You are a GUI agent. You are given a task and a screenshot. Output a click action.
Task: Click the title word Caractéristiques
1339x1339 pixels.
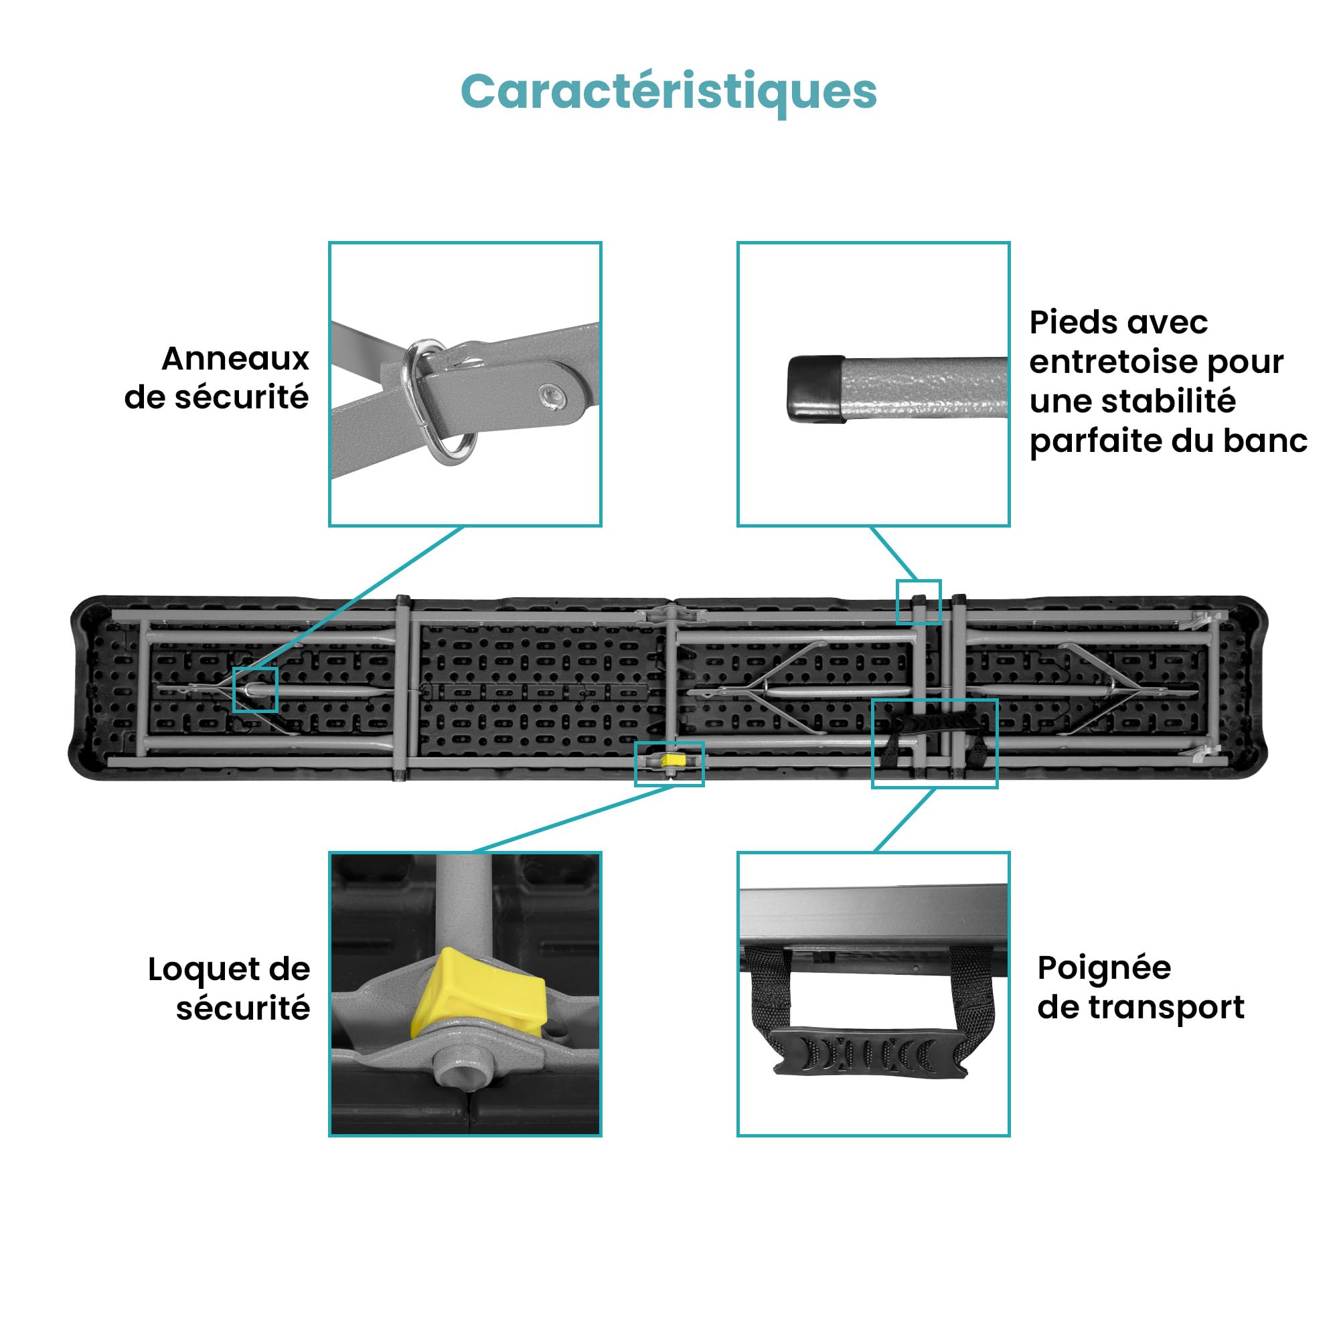click(669, 92)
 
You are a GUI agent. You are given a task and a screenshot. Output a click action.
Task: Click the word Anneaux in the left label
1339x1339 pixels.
click(236, 359)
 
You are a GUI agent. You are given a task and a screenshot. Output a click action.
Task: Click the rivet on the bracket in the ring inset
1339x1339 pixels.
click(552, 397)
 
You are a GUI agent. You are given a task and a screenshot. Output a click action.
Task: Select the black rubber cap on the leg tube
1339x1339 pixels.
click(816, 389)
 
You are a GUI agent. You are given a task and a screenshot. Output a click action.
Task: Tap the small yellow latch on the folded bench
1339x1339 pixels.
click(673, 761)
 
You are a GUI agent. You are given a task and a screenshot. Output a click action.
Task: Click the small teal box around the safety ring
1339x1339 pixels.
click(255, 690)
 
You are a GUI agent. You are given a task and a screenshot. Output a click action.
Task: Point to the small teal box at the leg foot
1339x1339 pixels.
click(919, 602)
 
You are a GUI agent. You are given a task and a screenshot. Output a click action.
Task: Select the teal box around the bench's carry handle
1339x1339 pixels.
click(934, 743)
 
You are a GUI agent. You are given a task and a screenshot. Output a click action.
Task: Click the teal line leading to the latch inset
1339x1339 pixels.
click(573, 819)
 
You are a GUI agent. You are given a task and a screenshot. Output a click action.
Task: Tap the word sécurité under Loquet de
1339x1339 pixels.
click(242, 1009)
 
